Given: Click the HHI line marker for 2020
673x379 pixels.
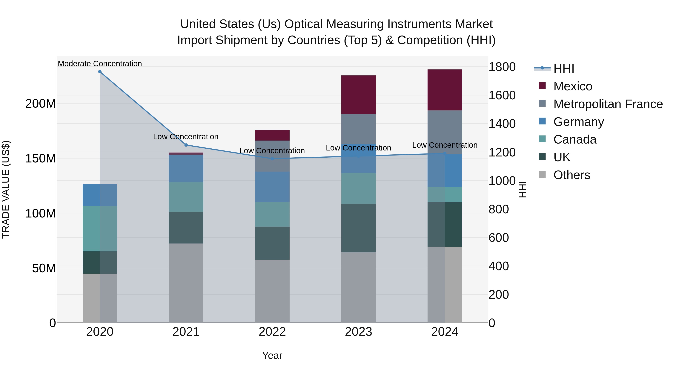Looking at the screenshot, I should point(100,72).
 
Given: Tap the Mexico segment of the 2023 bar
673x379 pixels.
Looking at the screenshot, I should point(358,95).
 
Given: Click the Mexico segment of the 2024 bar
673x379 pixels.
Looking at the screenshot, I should point(445,90).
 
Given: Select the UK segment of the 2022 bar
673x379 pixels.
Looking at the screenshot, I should point(272,243).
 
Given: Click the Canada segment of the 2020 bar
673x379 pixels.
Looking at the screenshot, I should point(100,229).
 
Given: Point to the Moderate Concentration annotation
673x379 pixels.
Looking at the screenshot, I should point(100,64).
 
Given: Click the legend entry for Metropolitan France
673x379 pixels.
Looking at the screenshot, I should point(608,104).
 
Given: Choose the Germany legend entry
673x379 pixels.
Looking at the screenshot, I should point(578,122).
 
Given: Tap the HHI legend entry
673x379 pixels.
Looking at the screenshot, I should point(563,69).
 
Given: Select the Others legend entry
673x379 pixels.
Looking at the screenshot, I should point(572,175).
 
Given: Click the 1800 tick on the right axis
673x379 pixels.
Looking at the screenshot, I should point(502,67).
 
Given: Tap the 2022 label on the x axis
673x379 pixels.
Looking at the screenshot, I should point(272,332).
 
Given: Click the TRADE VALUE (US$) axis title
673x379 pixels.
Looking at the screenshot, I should point(6,189).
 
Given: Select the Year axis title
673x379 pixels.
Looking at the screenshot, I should point(272,355).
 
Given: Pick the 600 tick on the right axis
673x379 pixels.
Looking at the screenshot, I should point(498,238).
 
